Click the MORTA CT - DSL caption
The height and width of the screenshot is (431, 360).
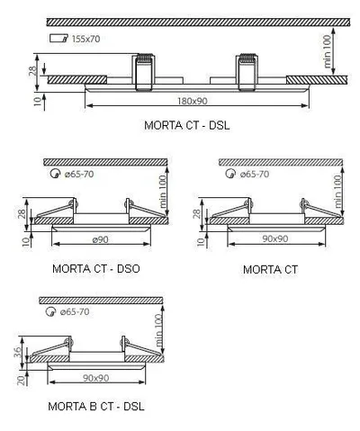click(187, 125)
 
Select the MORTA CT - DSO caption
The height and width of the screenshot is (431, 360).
click(96, 268)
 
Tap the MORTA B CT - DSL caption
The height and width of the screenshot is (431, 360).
click(96, 407)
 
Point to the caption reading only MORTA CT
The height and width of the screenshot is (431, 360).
click(270, 269)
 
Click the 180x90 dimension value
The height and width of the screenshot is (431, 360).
click(193, 101)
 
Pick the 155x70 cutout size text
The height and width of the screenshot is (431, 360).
click(85, 39)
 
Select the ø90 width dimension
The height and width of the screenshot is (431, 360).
click(100, 239)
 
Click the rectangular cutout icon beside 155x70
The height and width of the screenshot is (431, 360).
click(58, 38)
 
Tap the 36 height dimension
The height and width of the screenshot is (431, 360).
click(18, 352)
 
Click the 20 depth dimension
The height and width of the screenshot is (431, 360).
click(21, 381)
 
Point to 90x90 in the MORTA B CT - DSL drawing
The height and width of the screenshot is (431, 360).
click(96, 378)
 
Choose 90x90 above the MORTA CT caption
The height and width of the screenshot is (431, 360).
click(275, 238)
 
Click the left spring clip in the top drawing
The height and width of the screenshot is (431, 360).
click(145, 72)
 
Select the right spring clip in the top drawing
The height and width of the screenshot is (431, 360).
click(247, 72)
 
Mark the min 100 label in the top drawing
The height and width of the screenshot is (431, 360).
click(328, 51)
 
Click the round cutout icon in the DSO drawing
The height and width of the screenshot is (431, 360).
click(55, 174)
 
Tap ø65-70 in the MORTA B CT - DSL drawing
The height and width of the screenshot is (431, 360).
click(75, 312)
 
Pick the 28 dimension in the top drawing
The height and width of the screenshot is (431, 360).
click(33, 70)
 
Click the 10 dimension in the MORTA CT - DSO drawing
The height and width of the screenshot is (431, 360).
click(26, 241)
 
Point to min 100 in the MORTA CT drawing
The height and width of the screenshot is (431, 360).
click(338, 192)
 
